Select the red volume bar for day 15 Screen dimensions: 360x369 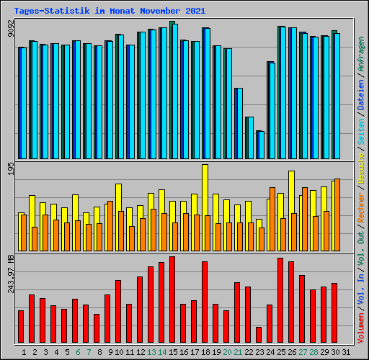click(172, 300)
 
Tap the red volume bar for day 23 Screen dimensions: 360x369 click(259, 335)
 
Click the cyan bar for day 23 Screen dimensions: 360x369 click(261, 145)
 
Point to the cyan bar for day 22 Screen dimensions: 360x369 click(250, 138)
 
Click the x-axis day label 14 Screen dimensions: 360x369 click(162, 352)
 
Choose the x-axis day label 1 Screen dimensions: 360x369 click(24, 352)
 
